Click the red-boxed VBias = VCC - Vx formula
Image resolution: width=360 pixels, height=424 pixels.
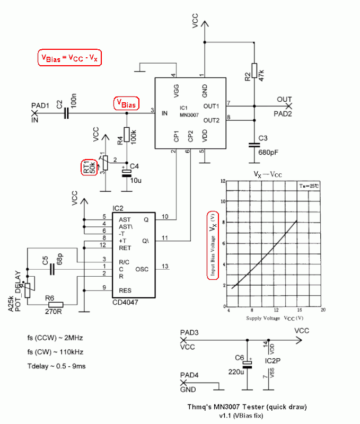[69, 58]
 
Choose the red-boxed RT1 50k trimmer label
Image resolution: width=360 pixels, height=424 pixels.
[87, 167]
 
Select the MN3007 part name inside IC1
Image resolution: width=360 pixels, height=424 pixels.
[189, 114]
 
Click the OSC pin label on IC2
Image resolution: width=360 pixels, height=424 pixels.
[142, 269]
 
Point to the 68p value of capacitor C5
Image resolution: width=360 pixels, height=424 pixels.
[57, 261]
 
